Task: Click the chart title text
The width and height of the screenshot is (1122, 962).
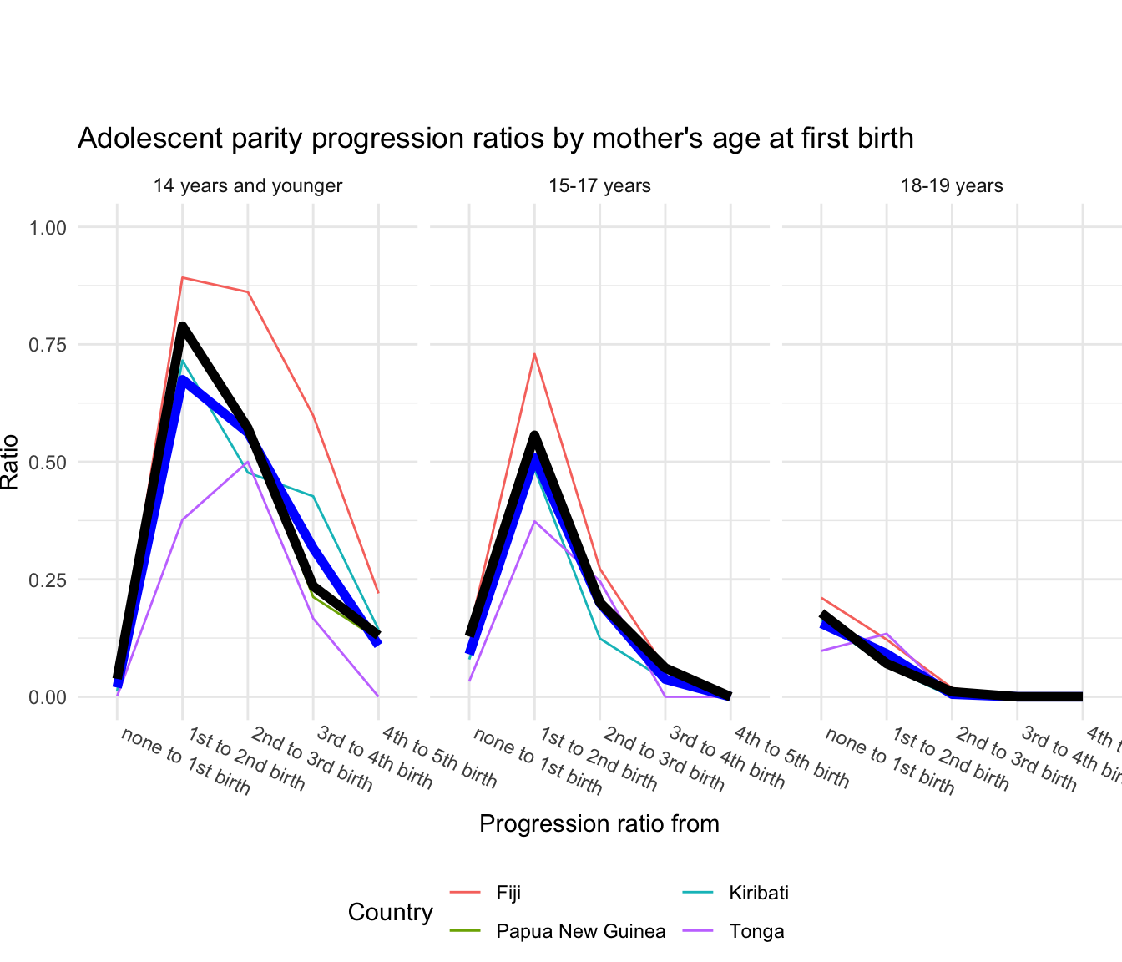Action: coord(495,138)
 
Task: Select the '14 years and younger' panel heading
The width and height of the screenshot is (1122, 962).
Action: coord(247,185)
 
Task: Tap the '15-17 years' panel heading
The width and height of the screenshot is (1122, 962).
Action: coord(599,185)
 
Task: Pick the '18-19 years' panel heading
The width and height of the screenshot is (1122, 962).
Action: coord(952,185)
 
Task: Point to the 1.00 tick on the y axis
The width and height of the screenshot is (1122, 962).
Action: coord(48,227)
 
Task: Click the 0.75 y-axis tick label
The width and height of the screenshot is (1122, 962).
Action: coord(48,345)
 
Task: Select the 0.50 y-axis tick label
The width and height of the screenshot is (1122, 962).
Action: coord(48,462)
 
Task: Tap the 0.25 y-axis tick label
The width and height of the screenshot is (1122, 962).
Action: coord(48,580)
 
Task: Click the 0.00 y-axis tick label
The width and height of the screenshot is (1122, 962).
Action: coord(48,696)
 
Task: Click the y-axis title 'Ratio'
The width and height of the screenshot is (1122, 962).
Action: coord(11,462)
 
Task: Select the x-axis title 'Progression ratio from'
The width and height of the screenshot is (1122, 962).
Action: coord(599,824)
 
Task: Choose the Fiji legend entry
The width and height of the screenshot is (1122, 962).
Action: coord(508,893)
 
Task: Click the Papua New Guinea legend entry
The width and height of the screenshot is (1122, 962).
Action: coord(580,931)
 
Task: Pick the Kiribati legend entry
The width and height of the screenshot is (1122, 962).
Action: coord(758,893)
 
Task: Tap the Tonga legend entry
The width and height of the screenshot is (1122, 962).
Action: coord(756,931)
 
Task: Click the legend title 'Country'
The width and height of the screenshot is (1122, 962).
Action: coord(391,912)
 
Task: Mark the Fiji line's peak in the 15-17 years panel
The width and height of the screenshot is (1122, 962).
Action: coord(534,354)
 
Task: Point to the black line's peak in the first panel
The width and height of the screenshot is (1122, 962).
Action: coord(182,327)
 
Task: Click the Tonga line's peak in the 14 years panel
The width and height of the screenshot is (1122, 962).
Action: coord(247,462)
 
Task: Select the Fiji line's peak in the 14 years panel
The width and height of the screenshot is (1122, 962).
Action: coord(182,277)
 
